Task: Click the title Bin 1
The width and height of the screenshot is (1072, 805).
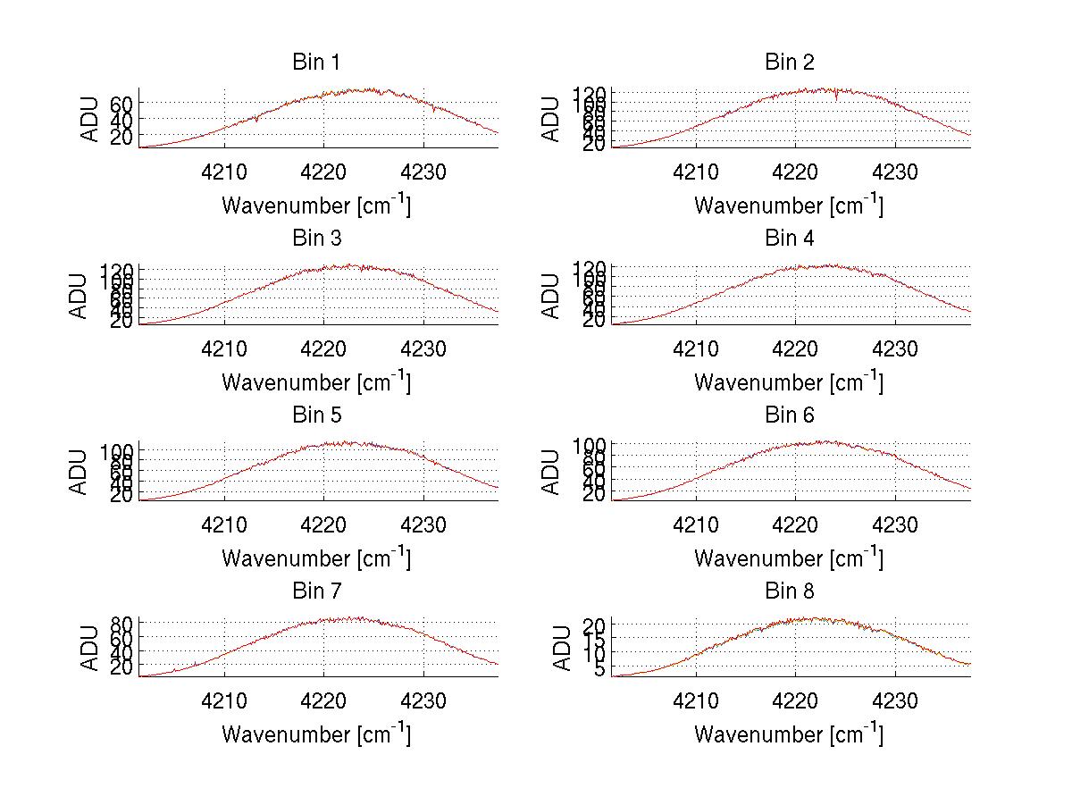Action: click(316, 63)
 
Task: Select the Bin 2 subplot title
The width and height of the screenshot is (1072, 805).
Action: click(790, 63)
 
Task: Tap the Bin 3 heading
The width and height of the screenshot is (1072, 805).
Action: click(316, 239)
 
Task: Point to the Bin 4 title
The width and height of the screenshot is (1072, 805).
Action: click(790, 239)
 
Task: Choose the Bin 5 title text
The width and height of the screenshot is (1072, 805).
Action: click(316, 415)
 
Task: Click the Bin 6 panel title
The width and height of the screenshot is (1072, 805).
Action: click(790, 415)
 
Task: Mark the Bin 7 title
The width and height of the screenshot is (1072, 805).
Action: click(316, 591)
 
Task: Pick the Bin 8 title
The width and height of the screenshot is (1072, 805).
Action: click(790, 591)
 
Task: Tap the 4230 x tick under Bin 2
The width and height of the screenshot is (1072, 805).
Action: click(895, 173)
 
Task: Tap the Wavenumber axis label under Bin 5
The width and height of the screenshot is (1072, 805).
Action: click(316, 558)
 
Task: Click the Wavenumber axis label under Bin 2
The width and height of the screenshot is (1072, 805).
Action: click(789, 205)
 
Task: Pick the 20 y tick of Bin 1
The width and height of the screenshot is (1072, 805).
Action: click(122, 136)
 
